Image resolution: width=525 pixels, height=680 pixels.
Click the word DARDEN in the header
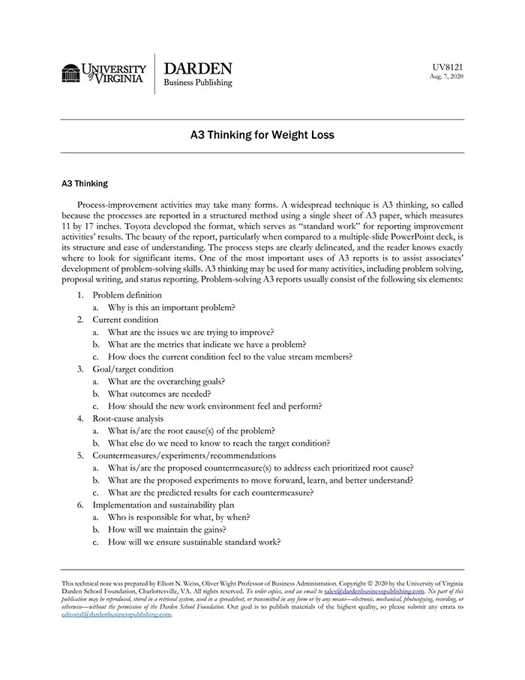(197, 68)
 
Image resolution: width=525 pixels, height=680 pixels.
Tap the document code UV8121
(448, 67)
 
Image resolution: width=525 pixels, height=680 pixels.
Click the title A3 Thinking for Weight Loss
(262, 136)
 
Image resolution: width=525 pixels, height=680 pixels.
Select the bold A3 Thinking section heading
(84, 183)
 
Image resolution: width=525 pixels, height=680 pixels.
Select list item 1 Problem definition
(127, 295)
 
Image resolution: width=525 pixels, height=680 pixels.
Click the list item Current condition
(125, 320)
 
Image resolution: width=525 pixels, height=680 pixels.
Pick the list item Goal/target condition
(133, 369)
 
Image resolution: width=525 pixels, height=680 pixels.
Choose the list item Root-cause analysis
(127, 418)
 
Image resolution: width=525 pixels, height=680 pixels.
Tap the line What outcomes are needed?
(159, 394)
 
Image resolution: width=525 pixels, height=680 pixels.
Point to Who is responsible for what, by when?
(178, 517)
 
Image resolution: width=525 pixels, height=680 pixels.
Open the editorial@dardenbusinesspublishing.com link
(116, 615)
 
